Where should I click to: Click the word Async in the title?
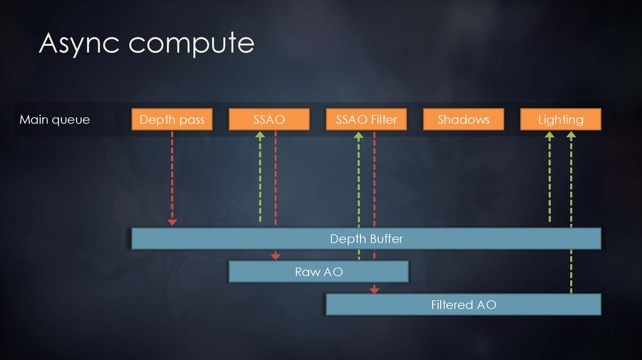[x=80, y=43]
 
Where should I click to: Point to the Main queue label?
[x=55, y=119]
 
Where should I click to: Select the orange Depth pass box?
[x=172, y=119]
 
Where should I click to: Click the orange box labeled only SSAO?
[x=269, y=119]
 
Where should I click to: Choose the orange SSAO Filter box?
[x=366, y=119]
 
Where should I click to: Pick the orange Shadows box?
[x=463, y=119]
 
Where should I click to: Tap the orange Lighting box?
[x=560, y=119]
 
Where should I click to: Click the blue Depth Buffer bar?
[x=366, y=238]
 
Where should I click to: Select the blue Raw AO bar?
[x=318, y=272]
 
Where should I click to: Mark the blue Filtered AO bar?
[x=463, y=305]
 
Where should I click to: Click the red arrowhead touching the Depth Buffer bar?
[x=172, y=223]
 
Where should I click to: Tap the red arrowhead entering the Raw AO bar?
[x=275, y=256]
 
